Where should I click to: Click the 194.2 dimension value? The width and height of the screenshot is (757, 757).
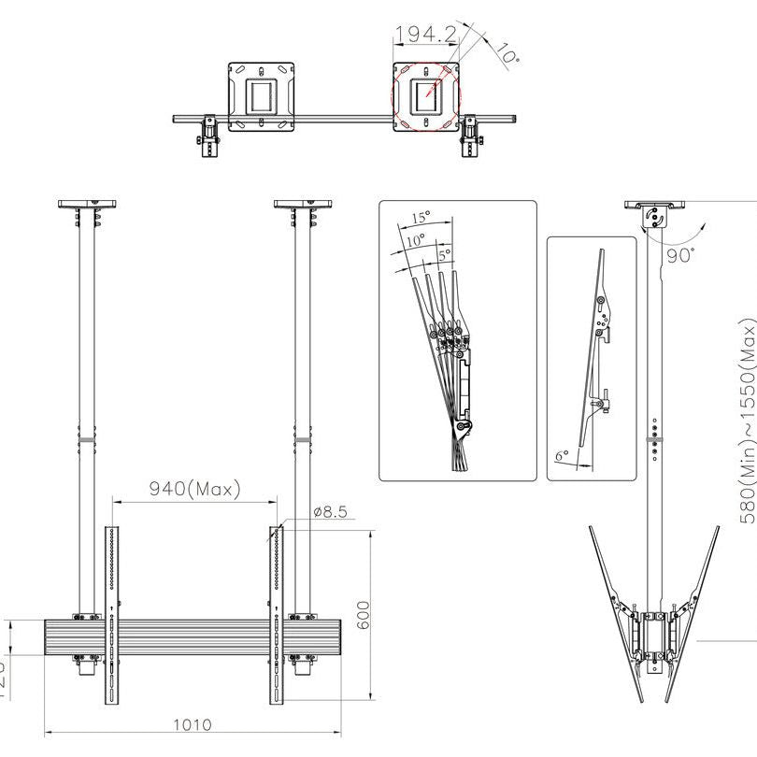[425, 36]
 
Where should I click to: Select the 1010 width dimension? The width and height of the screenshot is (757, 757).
[192, 724]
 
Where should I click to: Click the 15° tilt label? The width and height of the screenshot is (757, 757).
[420, 217]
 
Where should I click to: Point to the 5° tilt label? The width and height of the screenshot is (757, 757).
[444, 252]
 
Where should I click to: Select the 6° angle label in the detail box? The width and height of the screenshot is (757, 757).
[561, 456]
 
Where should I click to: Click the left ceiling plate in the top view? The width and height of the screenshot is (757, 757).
[262, 97]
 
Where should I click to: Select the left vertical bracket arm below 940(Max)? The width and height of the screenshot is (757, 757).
[112, 617]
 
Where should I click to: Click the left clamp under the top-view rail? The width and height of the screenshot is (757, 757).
[208, 137]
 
